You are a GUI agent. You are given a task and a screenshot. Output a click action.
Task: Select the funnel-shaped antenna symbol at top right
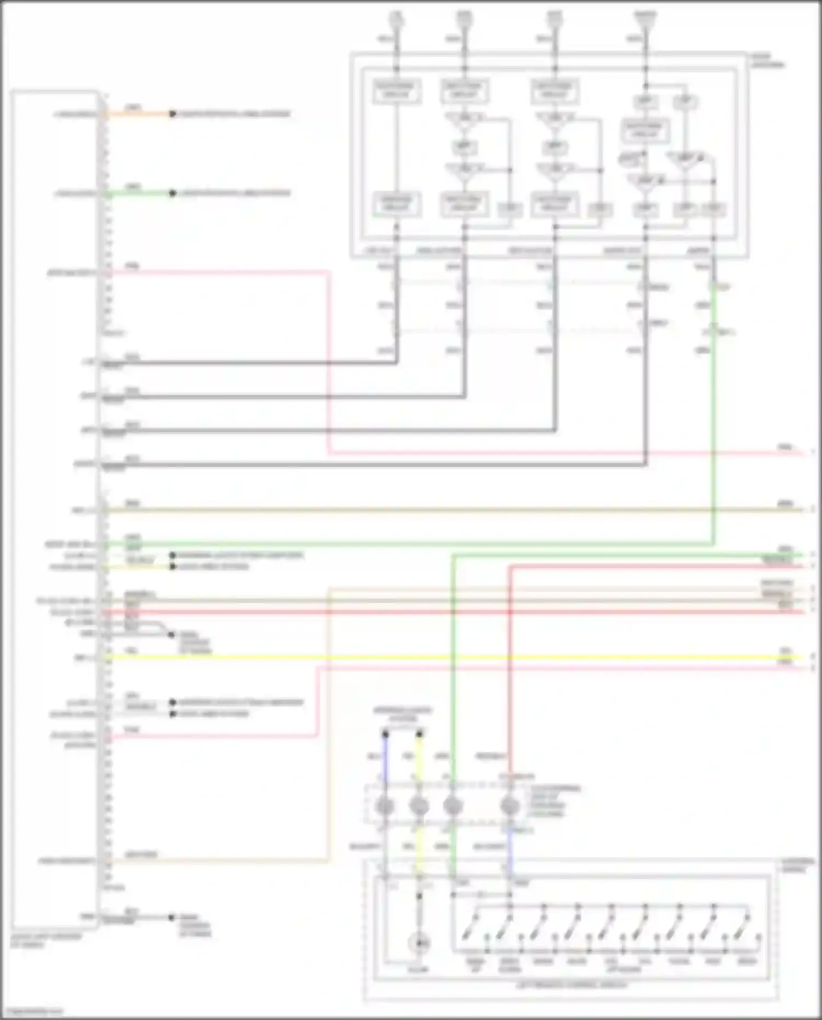coord(646,21)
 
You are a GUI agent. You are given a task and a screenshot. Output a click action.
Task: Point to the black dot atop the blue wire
coord(385,734)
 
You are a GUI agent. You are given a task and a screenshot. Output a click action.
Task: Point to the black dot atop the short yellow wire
coord(419,734)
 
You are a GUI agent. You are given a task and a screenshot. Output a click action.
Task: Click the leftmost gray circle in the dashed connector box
coord(385,806)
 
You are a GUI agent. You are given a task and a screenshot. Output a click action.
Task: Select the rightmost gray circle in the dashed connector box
coord(510,806)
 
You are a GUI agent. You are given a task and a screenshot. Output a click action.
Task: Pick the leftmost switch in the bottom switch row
coord(470,932)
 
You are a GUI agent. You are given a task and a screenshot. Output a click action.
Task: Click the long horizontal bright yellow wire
coord(438,657)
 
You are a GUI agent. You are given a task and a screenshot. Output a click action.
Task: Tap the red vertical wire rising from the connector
coord(510,658)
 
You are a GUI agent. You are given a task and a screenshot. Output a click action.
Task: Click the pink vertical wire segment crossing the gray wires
coord(329,384)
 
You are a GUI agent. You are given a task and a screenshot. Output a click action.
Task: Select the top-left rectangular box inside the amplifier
coord(397,91)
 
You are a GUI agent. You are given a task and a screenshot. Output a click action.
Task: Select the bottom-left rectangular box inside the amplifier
coord(397,204)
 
